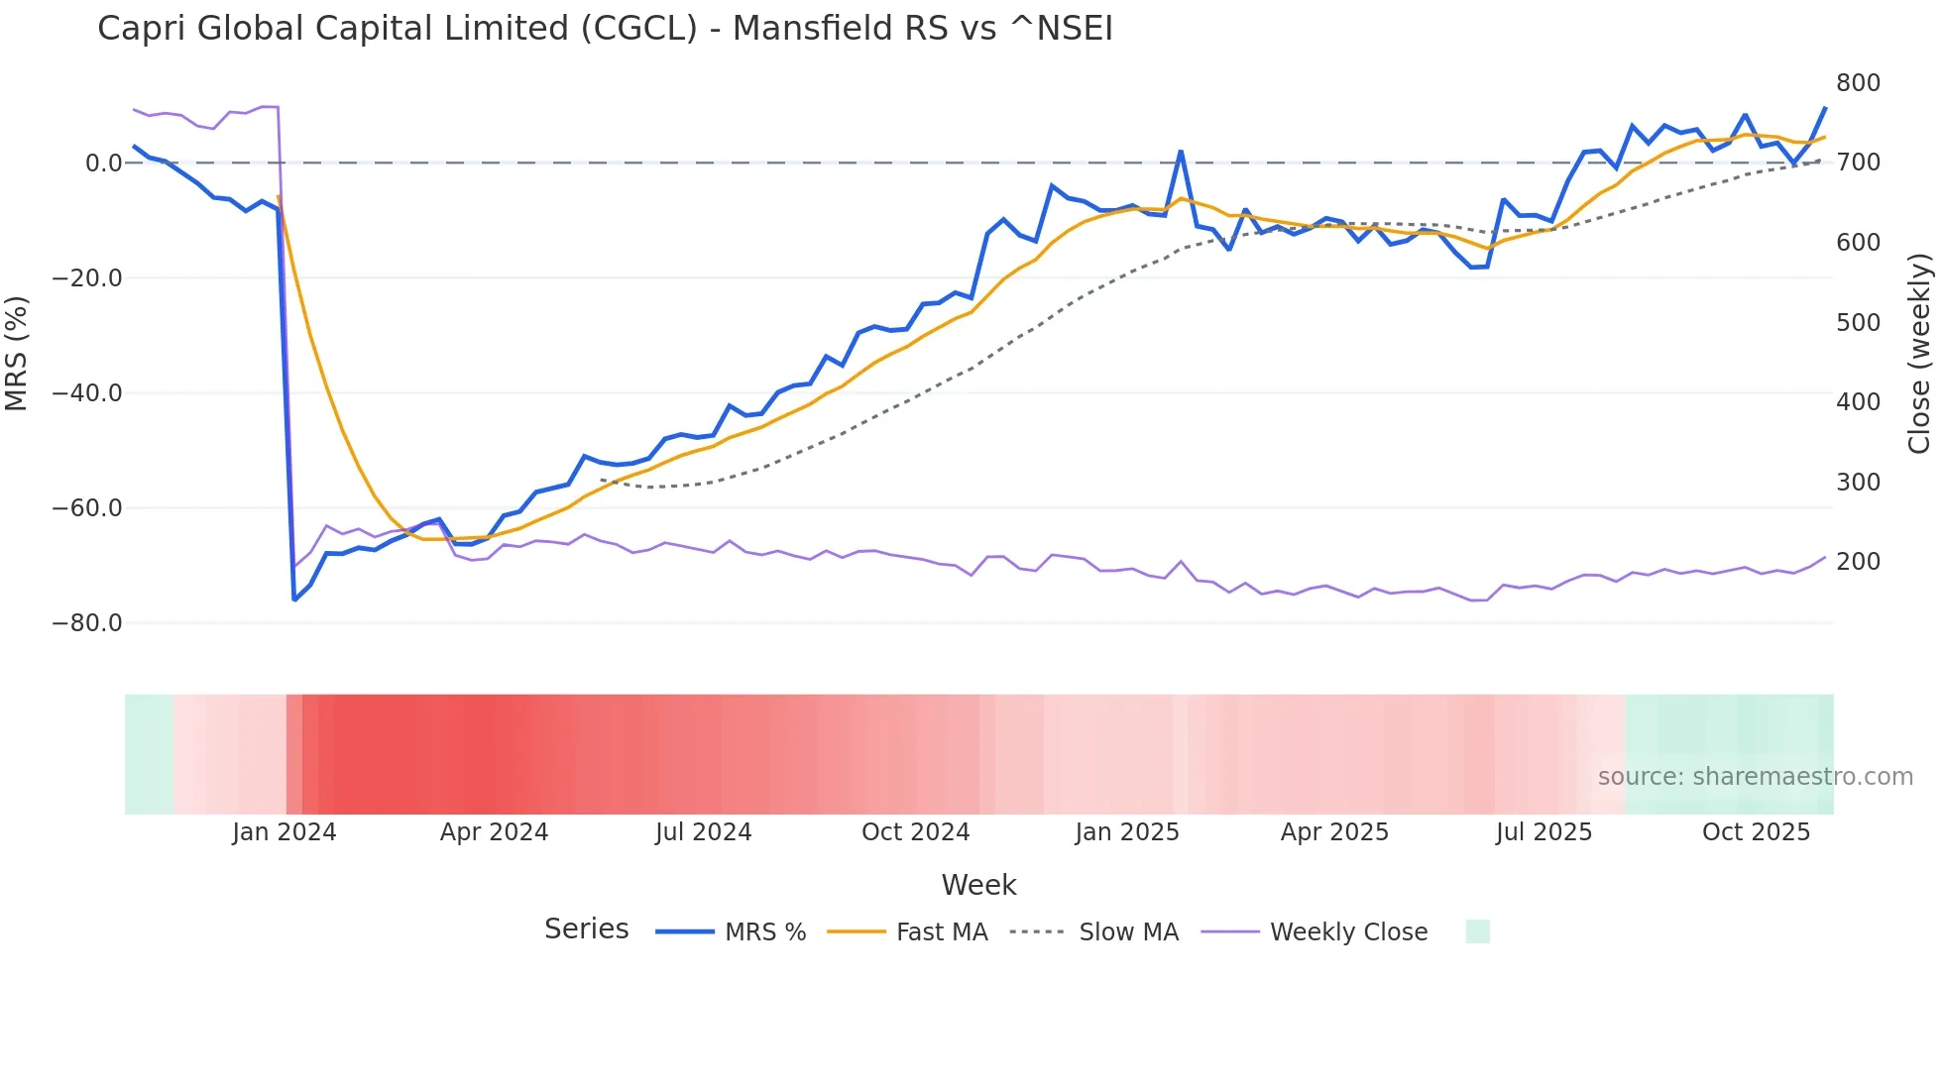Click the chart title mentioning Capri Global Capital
point(605,29)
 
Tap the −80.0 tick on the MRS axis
point(87,623)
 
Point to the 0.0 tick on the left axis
point(103,164)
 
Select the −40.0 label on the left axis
point(87,393)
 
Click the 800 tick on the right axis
point(1858,83)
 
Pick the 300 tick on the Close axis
point(1858,483)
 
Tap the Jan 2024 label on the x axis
point(285,832)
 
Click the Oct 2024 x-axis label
point(915,832)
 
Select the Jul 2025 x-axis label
point(1543,832)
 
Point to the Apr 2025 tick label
point(1334,832)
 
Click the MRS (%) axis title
point(17,353)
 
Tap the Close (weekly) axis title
point(1919,353)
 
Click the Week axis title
point(978,885)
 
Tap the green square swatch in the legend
point(1477,931)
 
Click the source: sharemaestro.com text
point(1755,777)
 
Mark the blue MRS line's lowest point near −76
point(294,600)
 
